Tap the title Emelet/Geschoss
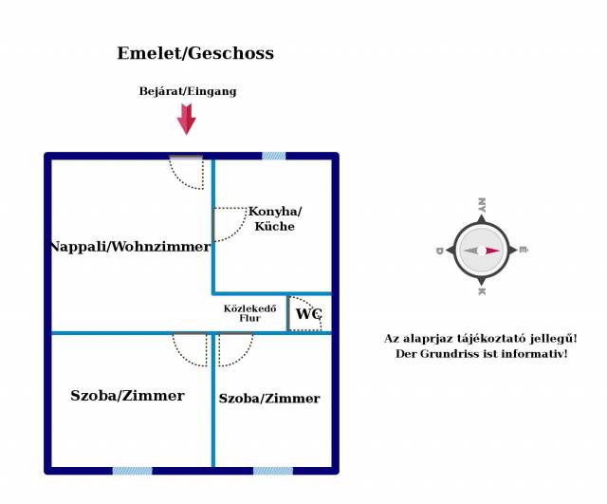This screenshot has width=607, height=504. [195, 53]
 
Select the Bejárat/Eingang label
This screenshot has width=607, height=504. [188, 91]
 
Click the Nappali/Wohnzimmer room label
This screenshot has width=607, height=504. [131, 247]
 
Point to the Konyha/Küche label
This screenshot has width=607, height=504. [275, 218]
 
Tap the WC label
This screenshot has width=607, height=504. [308, 313]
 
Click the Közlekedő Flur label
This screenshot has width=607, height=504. [249, 313]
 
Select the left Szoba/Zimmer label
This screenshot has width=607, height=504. [127, 396]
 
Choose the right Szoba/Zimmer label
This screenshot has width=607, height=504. [269, 399]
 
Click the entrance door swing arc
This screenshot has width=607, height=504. [179, 180]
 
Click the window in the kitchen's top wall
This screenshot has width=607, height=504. [274, 156]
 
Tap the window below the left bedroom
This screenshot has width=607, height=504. [133, 471]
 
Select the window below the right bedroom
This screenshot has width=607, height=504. [273, 471]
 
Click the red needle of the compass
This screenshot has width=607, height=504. [492, 251]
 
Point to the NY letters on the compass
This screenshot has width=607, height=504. [482, 205]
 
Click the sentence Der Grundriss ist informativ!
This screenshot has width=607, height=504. [481, 354]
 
